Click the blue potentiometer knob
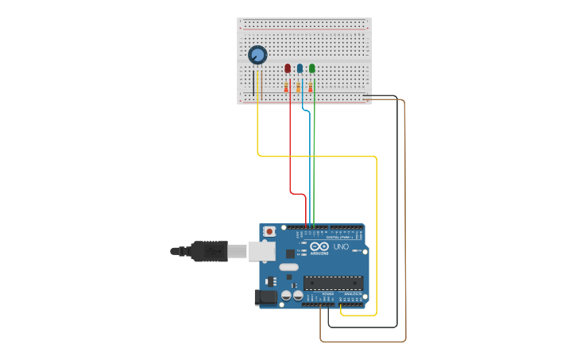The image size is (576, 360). (x=257, y=55)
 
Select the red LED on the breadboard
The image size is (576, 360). (x=288, y=68)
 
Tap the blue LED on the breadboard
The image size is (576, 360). (x=300, y=68)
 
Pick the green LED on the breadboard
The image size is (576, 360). (x=312, y=68)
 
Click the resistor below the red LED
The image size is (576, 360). (x=286, y=87)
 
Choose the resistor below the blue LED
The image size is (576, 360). (x=299, y=87)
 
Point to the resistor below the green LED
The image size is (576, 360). (x=311, y=87)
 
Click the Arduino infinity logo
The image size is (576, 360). (x=319, y=248)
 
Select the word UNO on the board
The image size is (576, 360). (x=339, y=248)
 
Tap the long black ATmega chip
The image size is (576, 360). (x=333, y=282)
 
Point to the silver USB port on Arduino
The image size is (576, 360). (x=261, y=251)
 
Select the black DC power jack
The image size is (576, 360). (x=265, y=298)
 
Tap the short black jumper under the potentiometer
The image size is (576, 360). (x=253, y=83)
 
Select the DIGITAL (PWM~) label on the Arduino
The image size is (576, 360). (x=339, y=237)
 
